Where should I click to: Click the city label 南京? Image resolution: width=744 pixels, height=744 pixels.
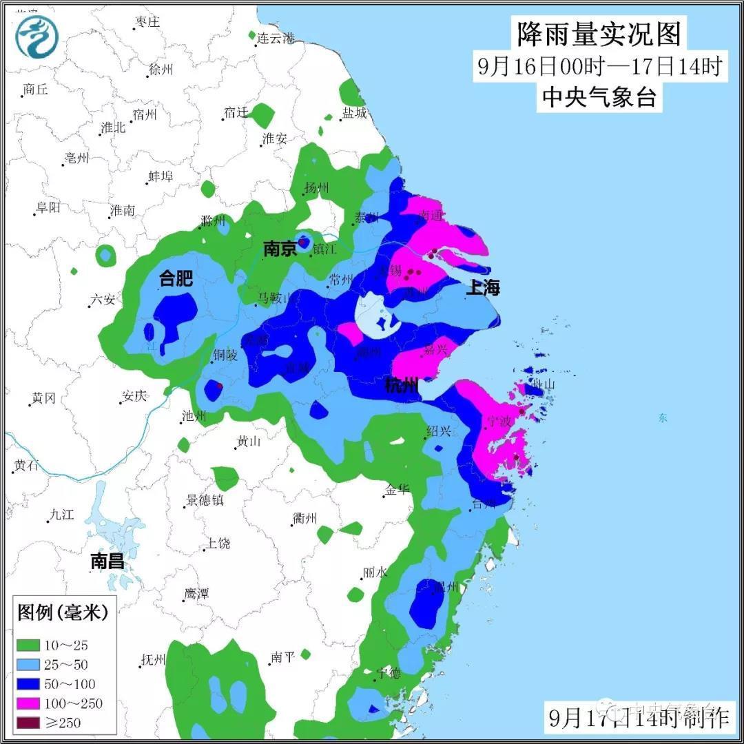point(280,248)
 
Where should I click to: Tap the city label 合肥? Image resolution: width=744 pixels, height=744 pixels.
point(176,278)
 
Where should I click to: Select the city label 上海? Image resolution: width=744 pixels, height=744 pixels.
point(483,287)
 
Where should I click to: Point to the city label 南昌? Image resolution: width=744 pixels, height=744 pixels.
point(108,561)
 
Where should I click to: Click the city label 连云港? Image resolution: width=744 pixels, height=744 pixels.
point(276,39)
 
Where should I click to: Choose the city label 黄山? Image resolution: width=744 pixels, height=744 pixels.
point(249,442)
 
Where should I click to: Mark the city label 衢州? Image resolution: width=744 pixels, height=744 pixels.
point(304,519)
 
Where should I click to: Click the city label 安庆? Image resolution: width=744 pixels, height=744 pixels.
point(134,397)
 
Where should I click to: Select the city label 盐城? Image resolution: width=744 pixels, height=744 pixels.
point(355,114)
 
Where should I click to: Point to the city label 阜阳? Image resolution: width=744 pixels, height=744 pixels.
point(48,207)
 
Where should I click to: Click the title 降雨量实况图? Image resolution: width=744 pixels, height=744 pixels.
point(599,33)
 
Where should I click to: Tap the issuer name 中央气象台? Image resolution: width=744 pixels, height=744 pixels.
point(599,97)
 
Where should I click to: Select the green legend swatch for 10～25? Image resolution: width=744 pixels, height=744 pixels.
point(28,645)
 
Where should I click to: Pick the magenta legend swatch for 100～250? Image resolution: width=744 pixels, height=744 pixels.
point(28,703)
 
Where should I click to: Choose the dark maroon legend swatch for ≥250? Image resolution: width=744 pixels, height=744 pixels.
point(28,723)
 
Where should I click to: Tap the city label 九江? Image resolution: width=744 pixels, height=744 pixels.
point(61,515)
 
